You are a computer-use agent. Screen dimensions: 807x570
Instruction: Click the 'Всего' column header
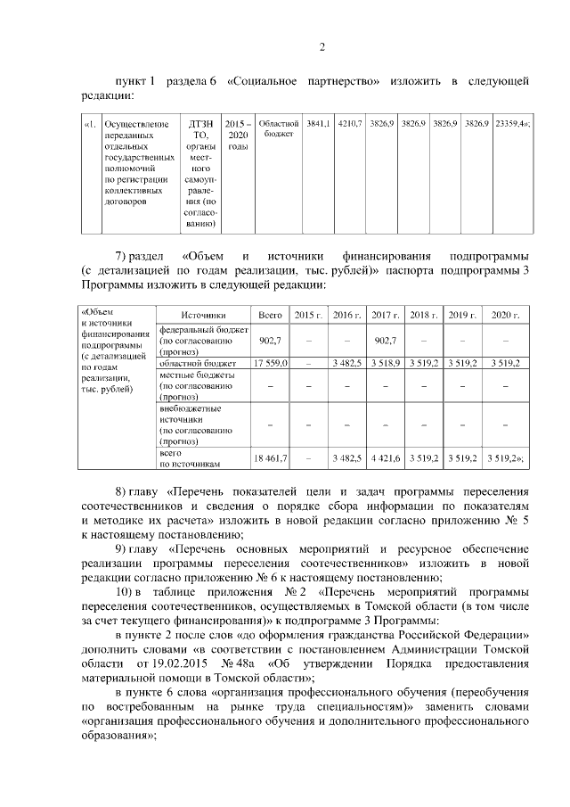(270, 315)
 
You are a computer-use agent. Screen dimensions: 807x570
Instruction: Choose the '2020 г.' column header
(505, 315)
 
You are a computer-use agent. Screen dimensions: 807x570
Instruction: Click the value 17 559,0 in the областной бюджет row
(269, 364)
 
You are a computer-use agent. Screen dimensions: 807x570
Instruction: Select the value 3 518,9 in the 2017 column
(385, 364)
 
